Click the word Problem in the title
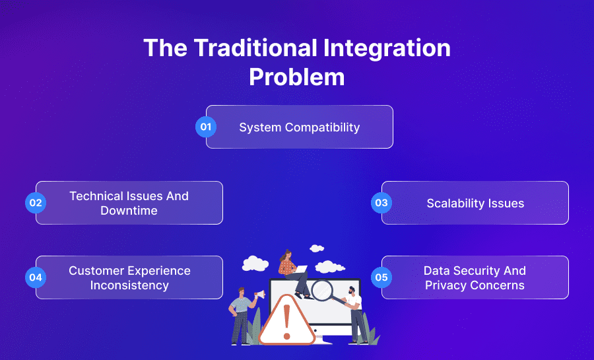296,77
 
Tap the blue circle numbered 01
206,127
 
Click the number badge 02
36,203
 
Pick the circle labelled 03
381,203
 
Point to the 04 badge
36,277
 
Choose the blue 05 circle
381,277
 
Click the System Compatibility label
299,127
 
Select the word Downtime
129,211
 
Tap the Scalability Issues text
475,203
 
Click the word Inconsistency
129,285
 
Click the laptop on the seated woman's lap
300,270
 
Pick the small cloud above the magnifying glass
317,248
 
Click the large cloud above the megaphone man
255,264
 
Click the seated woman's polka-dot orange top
286,266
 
